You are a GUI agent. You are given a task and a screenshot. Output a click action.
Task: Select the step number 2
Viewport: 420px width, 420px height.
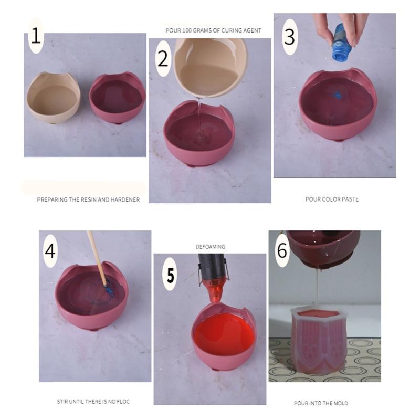click(162, 58)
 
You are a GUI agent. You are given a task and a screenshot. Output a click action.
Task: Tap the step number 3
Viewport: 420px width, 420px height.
click(290, 36)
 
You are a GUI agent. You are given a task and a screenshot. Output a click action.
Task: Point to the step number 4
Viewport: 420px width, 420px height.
click(50, 250)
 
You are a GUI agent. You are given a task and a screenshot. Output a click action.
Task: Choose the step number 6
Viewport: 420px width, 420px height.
click(282, 250)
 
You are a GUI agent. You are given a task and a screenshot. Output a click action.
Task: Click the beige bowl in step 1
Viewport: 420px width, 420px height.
click(53, 98)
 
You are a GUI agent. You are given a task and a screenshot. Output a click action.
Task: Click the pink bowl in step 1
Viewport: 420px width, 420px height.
click(117, 97)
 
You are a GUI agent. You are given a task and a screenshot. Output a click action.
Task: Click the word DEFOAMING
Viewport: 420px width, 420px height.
click(210, 246)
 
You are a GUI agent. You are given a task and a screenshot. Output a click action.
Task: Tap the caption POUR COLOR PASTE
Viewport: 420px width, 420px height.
click(332, 199)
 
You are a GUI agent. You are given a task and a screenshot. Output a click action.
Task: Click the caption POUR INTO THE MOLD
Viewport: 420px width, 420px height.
click(321, 403)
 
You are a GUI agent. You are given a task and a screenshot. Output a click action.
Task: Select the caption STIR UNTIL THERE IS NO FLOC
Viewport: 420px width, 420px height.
click(93, 402)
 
